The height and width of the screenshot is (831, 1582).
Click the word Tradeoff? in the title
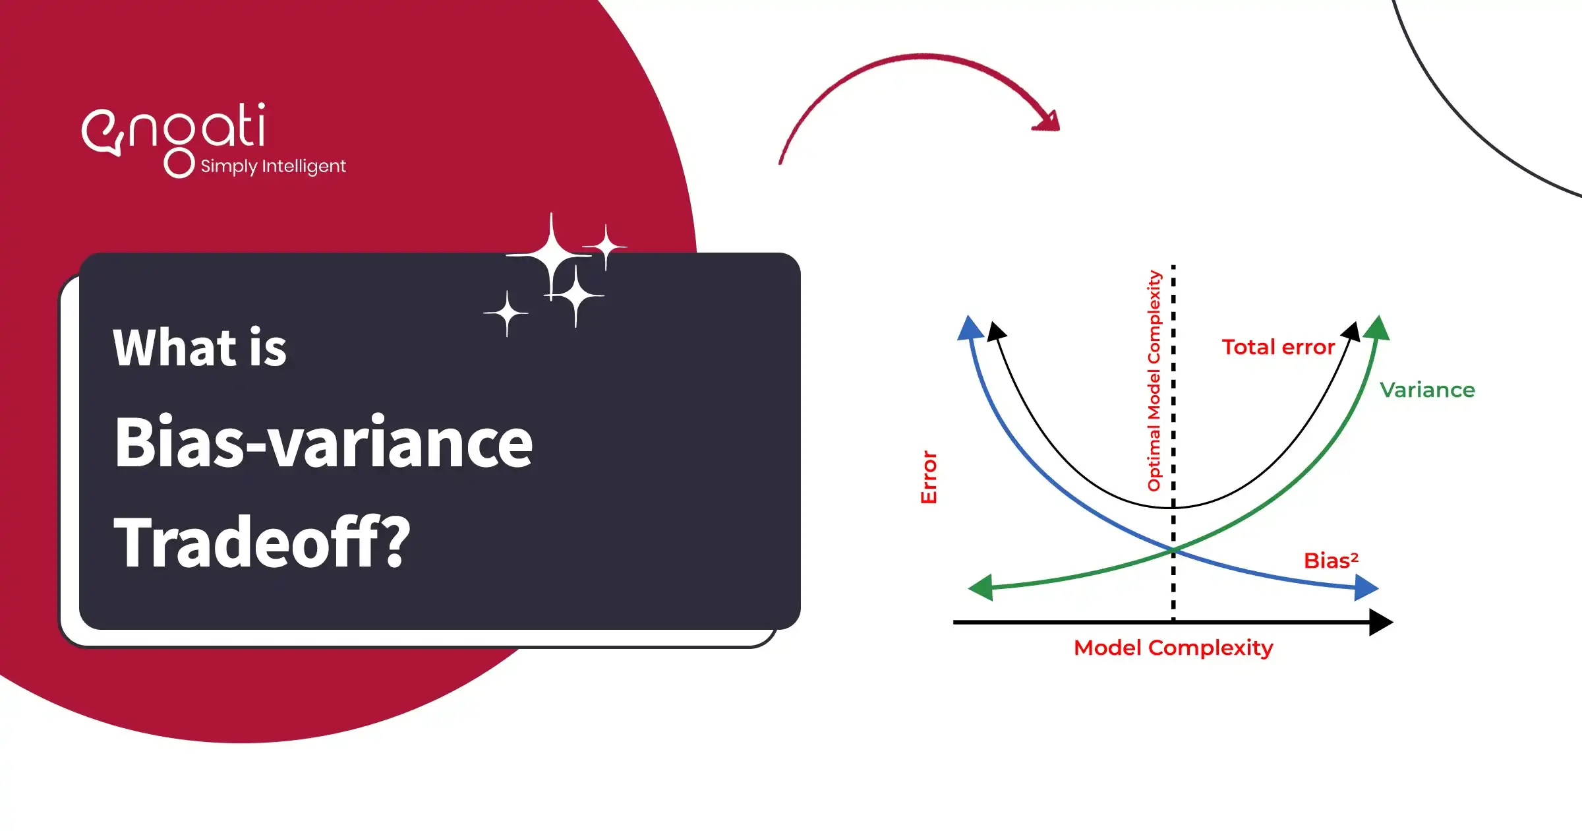pos(262,542)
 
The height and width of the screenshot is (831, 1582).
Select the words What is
pos(199,348)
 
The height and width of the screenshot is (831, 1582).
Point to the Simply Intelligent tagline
pos(272,166)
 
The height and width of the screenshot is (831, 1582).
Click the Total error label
pos(1278,348)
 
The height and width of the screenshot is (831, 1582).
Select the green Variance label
pos(1427,390)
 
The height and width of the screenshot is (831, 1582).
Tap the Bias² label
pos(1330,561)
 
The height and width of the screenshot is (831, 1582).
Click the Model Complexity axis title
pos(1173,648)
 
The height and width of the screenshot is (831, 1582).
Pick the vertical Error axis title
pos(928,477)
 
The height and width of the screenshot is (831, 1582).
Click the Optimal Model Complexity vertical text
pos(1154,381)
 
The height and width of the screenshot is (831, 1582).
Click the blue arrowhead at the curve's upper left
pos(970,328)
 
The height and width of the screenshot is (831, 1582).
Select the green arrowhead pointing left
pos(981,587)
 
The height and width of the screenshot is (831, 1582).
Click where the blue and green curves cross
pos(1173,549)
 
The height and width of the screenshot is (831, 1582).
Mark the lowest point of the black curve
pos(1172,507)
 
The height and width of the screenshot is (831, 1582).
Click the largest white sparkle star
pos(551,255)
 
